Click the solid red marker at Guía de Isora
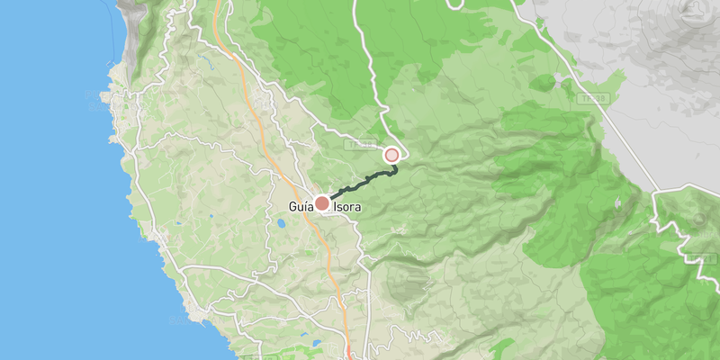coord(322,203)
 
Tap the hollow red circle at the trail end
coord(391,156)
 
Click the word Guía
coord(301,206)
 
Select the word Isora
coord(348,206)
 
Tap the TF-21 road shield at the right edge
coord(701,259)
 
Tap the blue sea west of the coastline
coord(45,180)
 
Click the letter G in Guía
coord(292,206)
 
